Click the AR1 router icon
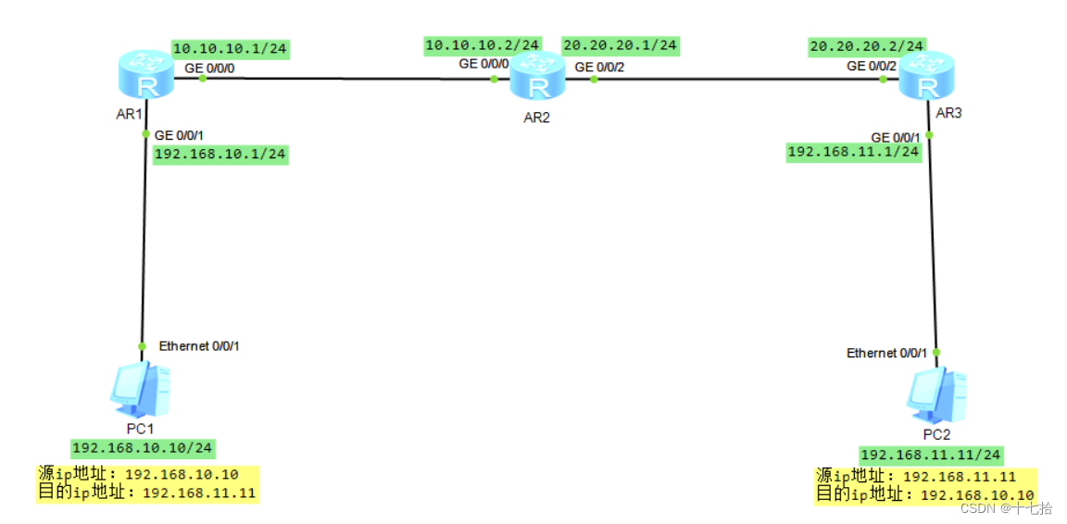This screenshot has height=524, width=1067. [x=146, y=75]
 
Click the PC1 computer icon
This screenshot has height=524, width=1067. [x=140, y=391]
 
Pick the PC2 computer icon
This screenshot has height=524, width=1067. [x=936, y=396]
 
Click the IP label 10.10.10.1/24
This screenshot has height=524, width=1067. [x=224, y=49]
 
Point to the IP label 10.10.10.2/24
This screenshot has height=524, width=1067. [x=483, y=44]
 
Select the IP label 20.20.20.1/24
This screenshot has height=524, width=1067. [x=620, y=44]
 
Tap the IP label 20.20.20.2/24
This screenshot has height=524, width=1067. [x=866, y=45]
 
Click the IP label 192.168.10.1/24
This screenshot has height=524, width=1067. [x=220, y=155]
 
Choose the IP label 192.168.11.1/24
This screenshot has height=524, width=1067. [x=853, y=152]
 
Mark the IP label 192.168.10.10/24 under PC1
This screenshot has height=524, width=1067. [x=143, y=448]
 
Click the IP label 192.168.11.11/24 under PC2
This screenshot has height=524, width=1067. [x=931, y=455]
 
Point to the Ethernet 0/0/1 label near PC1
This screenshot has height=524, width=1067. [x=199, y=346]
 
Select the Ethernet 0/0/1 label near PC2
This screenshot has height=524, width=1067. [x=885, y=353]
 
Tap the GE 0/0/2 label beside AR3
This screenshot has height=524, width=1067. [x=871, y=66]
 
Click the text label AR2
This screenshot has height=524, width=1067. [x=535, y=118]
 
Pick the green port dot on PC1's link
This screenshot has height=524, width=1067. [x=142, y=346]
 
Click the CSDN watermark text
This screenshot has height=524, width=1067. [x=1005, y=507]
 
